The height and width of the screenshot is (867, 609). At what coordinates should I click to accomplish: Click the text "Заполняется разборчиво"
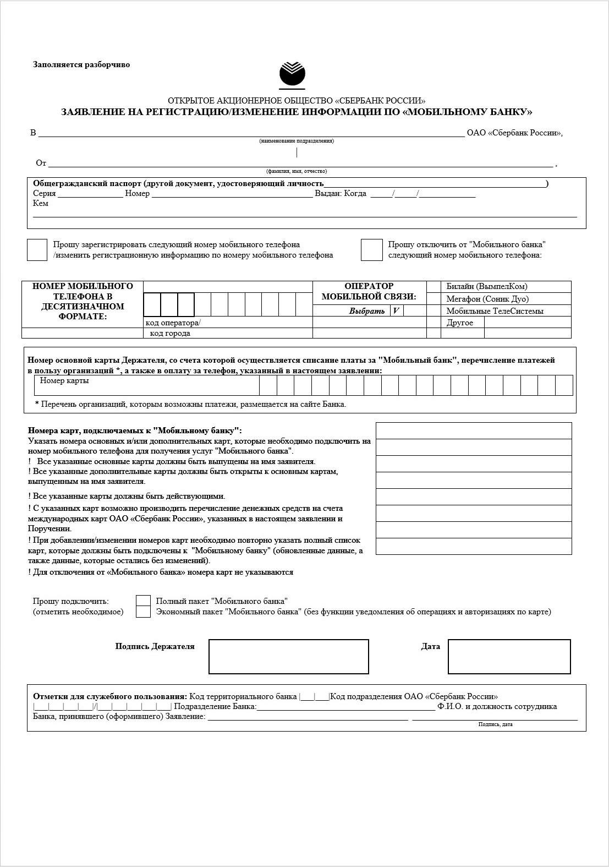click(81, 64)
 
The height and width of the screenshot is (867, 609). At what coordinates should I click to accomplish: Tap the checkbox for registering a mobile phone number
click(37, 250)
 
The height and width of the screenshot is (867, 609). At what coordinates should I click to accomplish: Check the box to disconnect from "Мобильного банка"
click(371, 250)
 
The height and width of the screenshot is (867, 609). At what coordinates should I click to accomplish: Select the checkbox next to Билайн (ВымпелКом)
click(434, 287)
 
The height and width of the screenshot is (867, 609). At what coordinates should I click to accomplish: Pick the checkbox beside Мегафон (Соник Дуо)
click(434, 299)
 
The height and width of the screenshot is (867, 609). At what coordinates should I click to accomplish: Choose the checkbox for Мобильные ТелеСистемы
click(434, 311)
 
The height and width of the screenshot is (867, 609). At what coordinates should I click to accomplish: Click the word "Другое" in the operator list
click(460, 323)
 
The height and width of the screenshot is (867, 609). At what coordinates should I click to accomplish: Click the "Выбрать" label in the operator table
click(367, 311)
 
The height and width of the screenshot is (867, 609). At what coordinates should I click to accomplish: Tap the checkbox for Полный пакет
click(143, 601)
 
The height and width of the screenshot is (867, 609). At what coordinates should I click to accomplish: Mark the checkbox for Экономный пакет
click(143, 612)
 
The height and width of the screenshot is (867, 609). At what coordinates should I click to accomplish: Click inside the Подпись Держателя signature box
click(288, 656)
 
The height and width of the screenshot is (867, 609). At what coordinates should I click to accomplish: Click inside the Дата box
click(509, 656)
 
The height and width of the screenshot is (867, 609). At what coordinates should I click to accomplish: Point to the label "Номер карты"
click(64, 380)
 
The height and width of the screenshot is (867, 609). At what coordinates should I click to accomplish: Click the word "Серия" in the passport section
click(45, 194)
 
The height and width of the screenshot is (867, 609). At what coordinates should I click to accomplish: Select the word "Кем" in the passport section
click(41, 204)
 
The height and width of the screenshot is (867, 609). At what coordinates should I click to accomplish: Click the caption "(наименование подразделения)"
click(297, 141)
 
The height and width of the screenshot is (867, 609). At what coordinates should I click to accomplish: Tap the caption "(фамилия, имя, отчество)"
click(297, 171)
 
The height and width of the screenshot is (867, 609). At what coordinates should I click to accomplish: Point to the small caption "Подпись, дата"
click(495, 724)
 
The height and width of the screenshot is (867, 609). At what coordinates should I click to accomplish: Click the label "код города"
click(170, 333)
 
